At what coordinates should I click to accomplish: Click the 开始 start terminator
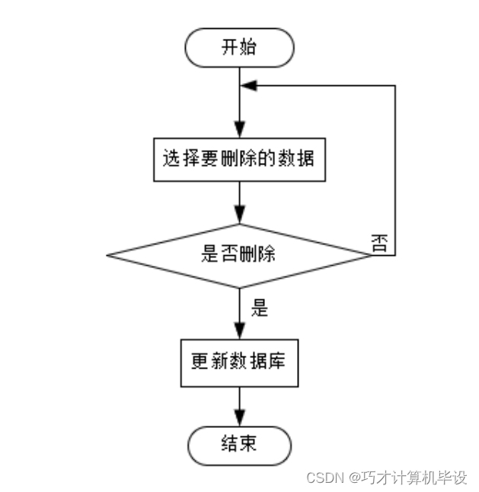click(239, 48)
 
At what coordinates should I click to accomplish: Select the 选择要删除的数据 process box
click(239, 160)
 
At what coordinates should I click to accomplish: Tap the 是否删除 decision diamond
click(239, 256)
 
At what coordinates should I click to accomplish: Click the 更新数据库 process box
click(239, 363)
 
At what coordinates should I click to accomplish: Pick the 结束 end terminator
click(239, 444)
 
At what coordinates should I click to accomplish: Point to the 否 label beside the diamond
click(379, 244)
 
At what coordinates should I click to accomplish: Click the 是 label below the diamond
click(260, 308)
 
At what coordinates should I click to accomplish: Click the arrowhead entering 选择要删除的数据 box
click(240, 131)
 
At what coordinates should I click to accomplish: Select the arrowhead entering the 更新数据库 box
click(240, 330)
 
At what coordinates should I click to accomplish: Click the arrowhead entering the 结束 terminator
click(240, 417)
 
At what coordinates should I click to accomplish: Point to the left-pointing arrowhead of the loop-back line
click(248, 86)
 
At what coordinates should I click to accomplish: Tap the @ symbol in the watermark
click(355, 478)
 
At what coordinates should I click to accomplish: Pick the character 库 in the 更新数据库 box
click(276, 363)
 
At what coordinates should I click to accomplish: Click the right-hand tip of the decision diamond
click(372, 256)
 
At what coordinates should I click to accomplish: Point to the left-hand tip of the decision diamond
click(107, 256)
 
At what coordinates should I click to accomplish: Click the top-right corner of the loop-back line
click(395, 86)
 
